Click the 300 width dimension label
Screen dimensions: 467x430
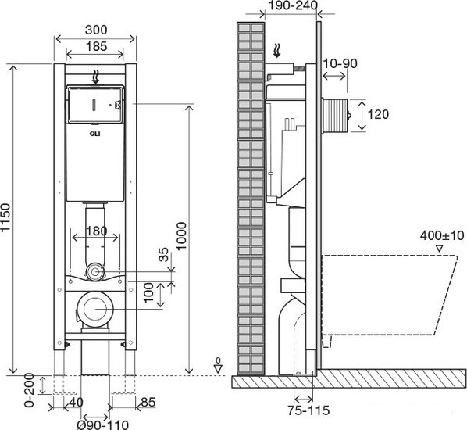coord(96,30)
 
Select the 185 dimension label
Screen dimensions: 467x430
coord(96,47)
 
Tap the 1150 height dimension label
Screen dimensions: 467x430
coord(5,217)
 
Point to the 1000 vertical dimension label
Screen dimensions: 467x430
coord(181,236)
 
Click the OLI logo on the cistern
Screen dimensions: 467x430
coord(95,134)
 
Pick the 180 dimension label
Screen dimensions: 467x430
coord(96,231)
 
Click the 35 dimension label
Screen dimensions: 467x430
coord(163,255)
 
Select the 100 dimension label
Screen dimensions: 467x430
coord(148,293)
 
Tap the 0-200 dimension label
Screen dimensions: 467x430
coord(30,390)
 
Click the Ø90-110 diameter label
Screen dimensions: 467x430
coord(103,425)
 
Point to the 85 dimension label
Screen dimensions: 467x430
coord(148,403)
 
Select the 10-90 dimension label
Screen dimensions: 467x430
coord(340,63)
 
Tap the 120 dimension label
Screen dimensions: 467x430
coord(378,114)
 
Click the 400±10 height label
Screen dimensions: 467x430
coord(442,235)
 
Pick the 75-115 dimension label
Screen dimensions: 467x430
coord(308,410)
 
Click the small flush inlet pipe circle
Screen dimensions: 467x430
coord(95,271)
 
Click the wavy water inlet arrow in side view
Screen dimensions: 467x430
coord(277,50)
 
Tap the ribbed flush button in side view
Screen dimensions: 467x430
coord(334,114)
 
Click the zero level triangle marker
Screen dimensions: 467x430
coord(219,369)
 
